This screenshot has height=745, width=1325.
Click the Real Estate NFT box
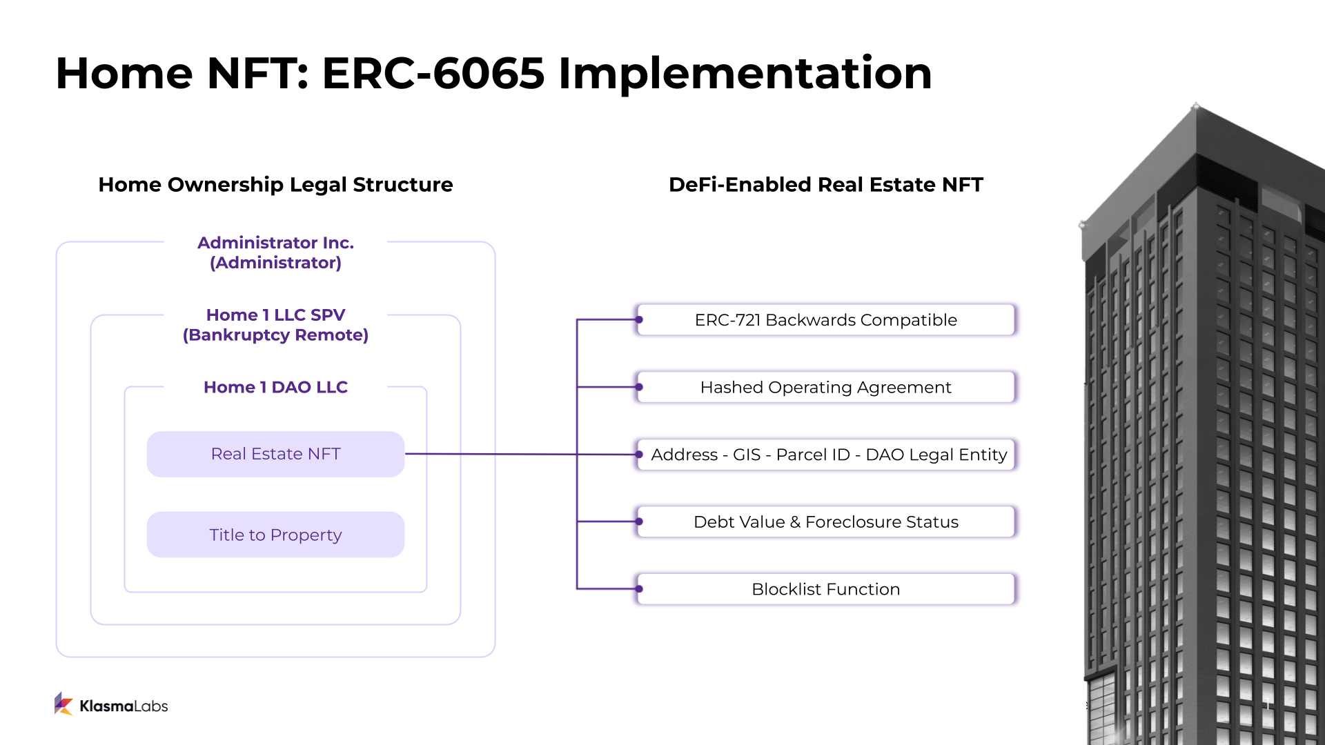(275, 454)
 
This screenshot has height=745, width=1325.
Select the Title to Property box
(275, 535)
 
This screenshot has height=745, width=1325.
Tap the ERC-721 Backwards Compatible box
(826, 320)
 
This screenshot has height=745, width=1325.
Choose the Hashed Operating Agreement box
(826, 388)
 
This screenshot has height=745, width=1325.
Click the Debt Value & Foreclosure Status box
(826, 522)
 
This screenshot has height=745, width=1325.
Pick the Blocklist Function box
(826, 589)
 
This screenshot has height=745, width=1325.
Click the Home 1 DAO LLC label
(275, 387)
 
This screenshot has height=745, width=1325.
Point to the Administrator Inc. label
(275, 243)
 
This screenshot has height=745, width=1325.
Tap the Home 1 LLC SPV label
(275, 315)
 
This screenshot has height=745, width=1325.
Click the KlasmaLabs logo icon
(63, 704)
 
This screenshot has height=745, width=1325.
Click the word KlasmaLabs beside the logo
(124, 706)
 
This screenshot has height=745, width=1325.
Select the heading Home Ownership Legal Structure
(275, 184)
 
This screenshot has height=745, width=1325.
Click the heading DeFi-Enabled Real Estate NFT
(826, 184)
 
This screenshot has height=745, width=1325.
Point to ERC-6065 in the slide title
(433, 73)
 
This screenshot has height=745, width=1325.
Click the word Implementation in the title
(745, 73)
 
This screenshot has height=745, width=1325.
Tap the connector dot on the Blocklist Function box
(640, 589)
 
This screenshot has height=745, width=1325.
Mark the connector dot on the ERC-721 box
(640, 320)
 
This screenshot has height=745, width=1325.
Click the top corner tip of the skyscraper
(1195, 106)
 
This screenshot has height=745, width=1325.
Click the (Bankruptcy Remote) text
(275, 335)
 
